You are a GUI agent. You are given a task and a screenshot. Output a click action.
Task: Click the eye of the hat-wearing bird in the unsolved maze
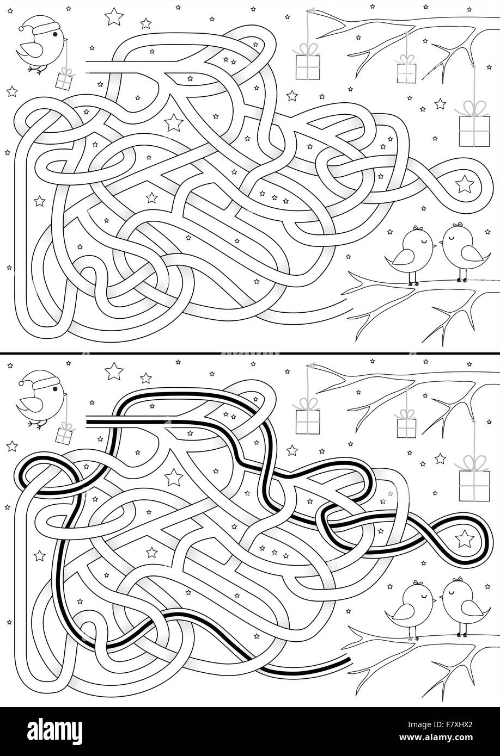[x=55, y=34]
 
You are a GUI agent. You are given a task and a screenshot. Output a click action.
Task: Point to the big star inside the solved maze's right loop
[x=465, y=538]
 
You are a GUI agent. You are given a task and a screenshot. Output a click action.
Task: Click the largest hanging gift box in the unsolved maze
[x=474, y=131]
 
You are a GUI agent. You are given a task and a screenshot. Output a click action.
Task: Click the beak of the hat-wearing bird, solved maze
[x=66, y=394]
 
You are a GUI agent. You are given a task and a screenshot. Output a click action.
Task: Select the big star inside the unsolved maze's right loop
[x=465, y=184]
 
